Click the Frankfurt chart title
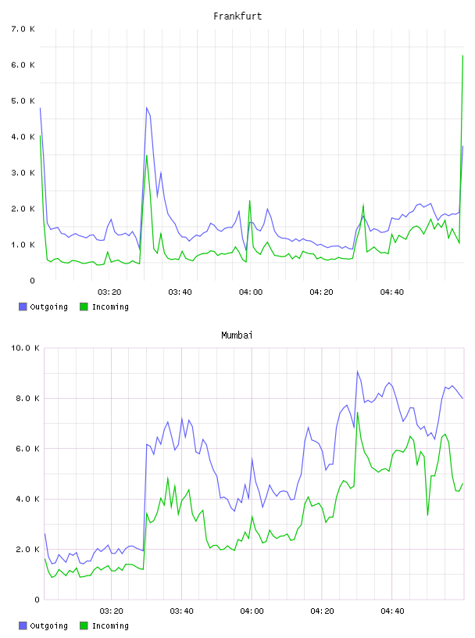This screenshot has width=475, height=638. pos(237,16)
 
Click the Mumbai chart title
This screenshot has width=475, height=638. pos(237,335)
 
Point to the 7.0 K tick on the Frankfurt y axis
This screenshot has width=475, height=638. pos(23,29)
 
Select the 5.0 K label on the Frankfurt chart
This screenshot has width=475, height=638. pos(23,101)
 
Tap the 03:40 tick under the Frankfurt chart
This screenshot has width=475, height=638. pos(180,292)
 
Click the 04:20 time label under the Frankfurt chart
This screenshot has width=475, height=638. pos(321,292)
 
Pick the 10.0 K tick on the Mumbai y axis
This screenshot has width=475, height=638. pos(25,348)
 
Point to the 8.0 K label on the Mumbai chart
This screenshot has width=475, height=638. pos(27,398)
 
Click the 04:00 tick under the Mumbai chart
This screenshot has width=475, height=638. pos(252,611)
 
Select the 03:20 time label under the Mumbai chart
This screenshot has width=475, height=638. pos(111,611)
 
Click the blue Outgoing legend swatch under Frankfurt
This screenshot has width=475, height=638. pos(23,306)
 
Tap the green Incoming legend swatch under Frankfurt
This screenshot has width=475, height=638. pos(84,306)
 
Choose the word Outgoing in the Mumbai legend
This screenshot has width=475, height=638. pos(48,625)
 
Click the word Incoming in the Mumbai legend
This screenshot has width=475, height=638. pos(110,625)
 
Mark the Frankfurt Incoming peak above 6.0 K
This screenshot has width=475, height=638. pos(462,56)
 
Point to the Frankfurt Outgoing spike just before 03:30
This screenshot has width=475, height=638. pos(147,108)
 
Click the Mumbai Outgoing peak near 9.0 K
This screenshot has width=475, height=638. pos(358,371)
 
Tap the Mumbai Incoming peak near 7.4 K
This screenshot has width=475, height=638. pos(358,413)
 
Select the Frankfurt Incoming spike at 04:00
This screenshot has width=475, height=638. pos(250,201)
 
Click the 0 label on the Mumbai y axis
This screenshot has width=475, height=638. pos(37,600)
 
